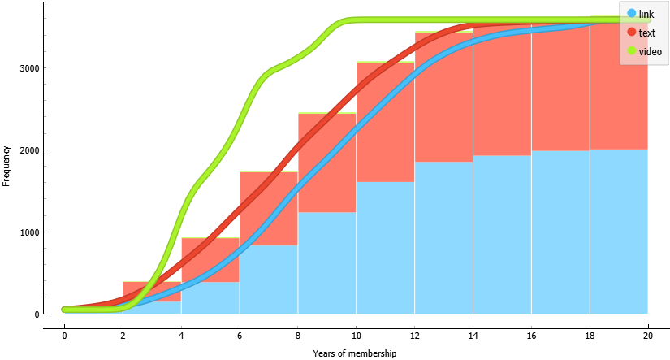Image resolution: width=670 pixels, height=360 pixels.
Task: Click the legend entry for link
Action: coord(646,15)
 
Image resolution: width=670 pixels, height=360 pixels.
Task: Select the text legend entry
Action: coord(646,33)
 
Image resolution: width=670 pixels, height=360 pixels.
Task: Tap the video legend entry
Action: coord(649,51)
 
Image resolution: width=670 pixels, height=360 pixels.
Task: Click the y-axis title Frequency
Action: coord(6,166)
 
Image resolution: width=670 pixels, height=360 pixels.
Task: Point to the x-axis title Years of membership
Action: coord(355,353)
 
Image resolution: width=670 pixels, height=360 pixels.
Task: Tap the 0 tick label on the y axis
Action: coord(36,314)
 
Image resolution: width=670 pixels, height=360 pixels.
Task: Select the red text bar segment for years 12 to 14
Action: coord(443,97)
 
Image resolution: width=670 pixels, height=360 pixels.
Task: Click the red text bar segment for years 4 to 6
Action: coord(210,260)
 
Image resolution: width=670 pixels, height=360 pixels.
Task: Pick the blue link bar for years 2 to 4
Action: coord(152,308)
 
